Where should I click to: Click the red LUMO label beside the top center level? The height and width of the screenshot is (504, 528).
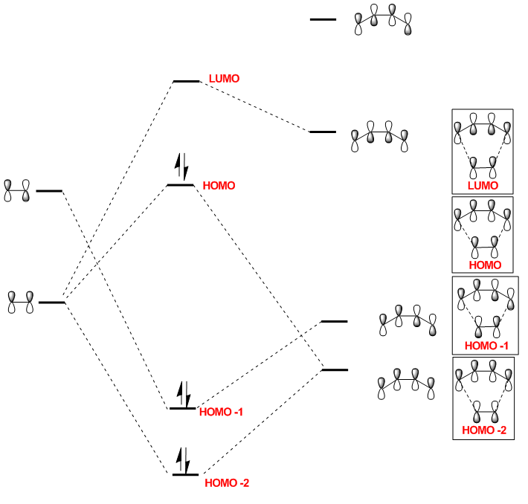pos(224,78)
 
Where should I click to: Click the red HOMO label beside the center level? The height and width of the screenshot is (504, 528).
pos(219,186)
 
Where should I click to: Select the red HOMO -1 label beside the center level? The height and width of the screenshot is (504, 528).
pos(222,412)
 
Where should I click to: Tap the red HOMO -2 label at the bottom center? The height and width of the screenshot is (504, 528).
pos(227,483)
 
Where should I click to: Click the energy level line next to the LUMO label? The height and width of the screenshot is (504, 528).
pos(186,81)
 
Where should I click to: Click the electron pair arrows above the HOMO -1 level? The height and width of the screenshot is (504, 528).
pos(183,391)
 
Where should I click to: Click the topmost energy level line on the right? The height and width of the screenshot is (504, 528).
pos(323,19)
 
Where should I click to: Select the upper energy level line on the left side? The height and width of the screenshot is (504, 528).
pos(49,191)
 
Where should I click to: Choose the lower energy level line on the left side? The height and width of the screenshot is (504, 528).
pos(51,303)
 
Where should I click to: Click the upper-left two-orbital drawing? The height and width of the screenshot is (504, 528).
pos(16,191)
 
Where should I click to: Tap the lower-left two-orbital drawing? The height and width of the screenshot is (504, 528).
pos(21,302)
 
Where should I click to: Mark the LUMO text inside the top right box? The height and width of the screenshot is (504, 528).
pos(483,185)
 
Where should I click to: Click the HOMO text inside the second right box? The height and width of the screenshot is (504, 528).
pos(484,265)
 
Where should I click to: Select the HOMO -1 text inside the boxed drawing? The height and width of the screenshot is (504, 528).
pos(486,346)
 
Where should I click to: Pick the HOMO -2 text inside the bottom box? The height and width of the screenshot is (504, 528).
pos(483,430)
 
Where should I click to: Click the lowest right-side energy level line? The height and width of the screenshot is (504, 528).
pos(335,369)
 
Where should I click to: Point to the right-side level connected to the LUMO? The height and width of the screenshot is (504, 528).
pos(323,132)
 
